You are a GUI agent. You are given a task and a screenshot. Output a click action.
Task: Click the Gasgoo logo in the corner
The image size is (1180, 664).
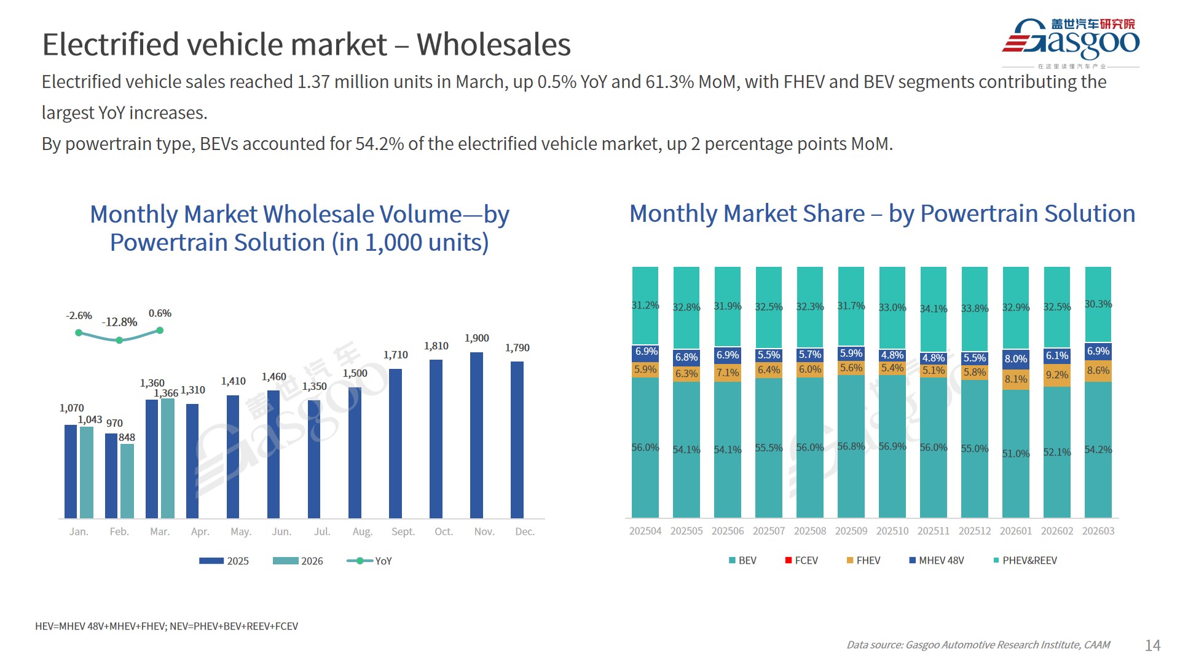pos(1071,42)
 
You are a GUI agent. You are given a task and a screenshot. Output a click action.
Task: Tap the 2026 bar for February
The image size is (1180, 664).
pos(127,481)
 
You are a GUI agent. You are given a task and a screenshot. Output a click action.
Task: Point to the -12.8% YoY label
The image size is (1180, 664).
pos(120,322)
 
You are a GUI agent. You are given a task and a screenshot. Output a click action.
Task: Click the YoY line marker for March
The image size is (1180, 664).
pos(160,331)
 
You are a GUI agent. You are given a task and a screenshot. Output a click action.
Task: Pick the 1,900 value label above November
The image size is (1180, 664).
pos(476,338)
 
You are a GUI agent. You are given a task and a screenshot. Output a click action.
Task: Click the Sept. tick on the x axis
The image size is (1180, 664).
pos(403,532)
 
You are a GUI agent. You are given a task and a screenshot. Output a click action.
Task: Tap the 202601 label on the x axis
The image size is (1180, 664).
pos(1015,531)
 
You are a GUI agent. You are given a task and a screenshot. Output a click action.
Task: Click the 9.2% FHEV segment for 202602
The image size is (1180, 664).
pos(1057,375)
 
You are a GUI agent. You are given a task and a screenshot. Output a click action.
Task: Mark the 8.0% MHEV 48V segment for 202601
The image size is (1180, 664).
pos(1015,359)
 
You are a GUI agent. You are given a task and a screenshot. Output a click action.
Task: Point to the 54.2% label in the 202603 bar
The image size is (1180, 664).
pos(1098,449)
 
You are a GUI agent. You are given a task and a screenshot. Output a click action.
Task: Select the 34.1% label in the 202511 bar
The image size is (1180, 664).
pos(933,309)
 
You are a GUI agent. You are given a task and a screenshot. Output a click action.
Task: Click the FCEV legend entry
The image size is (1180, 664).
pos(801,561)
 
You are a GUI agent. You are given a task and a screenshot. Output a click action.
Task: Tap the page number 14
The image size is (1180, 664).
pos(1152,645)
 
